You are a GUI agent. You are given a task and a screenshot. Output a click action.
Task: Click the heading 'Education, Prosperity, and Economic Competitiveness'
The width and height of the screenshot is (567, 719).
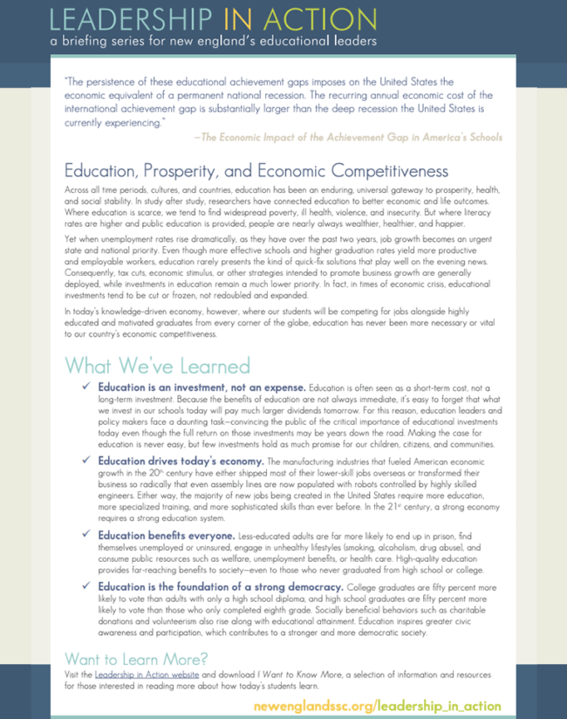pyautogui.click(x=256, y=170)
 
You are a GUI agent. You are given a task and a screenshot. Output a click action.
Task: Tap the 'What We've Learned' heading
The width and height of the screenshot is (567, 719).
pyautogui.click(x=158, y=364)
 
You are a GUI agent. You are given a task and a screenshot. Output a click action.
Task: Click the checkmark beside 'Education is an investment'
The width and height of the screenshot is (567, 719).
pyautogui.click(x=85, y=387)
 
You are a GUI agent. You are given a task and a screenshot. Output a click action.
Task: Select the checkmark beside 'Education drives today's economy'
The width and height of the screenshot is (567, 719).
pyautogui.click(x=85, y=460)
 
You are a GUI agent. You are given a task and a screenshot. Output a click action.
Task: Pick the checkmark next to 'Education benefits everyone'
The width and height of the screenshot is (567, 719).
pyautogui.click(x=85, y=533)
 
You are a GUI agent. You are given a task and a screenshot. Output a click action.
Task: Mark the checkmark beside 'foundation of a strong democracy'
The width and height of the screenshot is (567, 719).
pyautogui.click(x=85, y=587)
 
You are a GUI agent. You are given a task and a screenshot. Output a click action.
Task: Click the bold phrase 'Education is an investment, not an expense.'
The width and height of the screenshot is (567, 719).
pyautogui.click(x=202, y=387)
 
